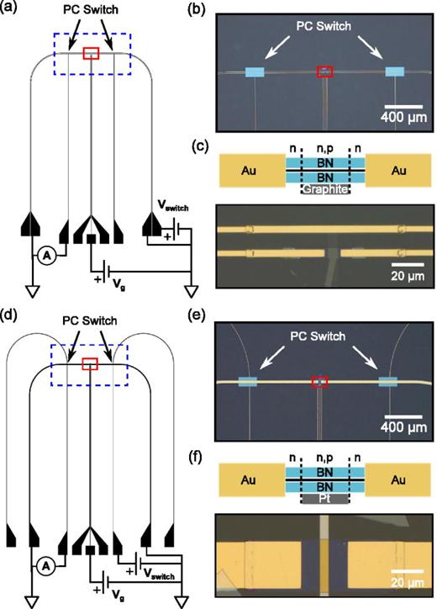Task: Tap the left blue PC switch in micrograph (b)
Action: pyautogui.click(x=255, y=72)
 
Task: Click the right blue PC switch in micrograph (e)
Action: pyautogui.click(x=388, y=382)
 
